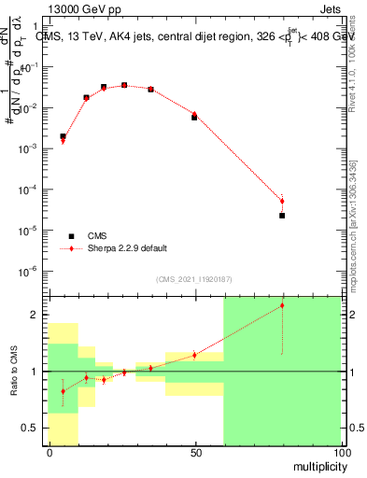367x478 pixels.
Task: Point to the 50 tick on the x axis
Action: (x=194, y=452)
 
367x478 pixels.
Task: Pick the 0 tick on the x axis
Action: (x=49, y=452)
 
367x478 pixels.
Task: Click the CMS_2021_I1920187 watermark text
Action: (x=194, y=279)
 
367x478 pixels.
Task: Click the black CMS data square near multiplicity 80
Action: (x=282, y=216)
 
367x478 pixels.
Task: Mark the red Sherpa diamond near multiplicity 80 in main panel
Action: (x=282, y=201)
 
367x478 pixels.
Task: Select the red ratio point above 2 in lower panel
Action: (x=282, y=305)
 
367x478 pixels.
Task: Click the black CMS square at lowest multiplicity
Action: (x=63, y=136)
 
